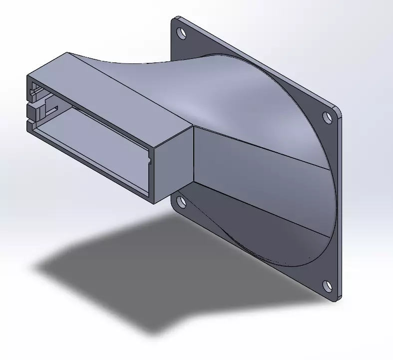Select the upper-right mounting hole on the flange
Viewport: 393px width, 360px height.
tap(328, 117)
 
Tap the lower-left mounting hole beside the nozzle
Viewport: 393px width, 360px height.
tap(181, 202)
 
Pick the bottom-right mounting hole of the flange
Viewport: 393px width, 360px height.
tap(327, 286)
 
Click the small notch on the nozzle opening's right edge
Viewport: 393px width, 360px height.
tap(149, 161)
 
